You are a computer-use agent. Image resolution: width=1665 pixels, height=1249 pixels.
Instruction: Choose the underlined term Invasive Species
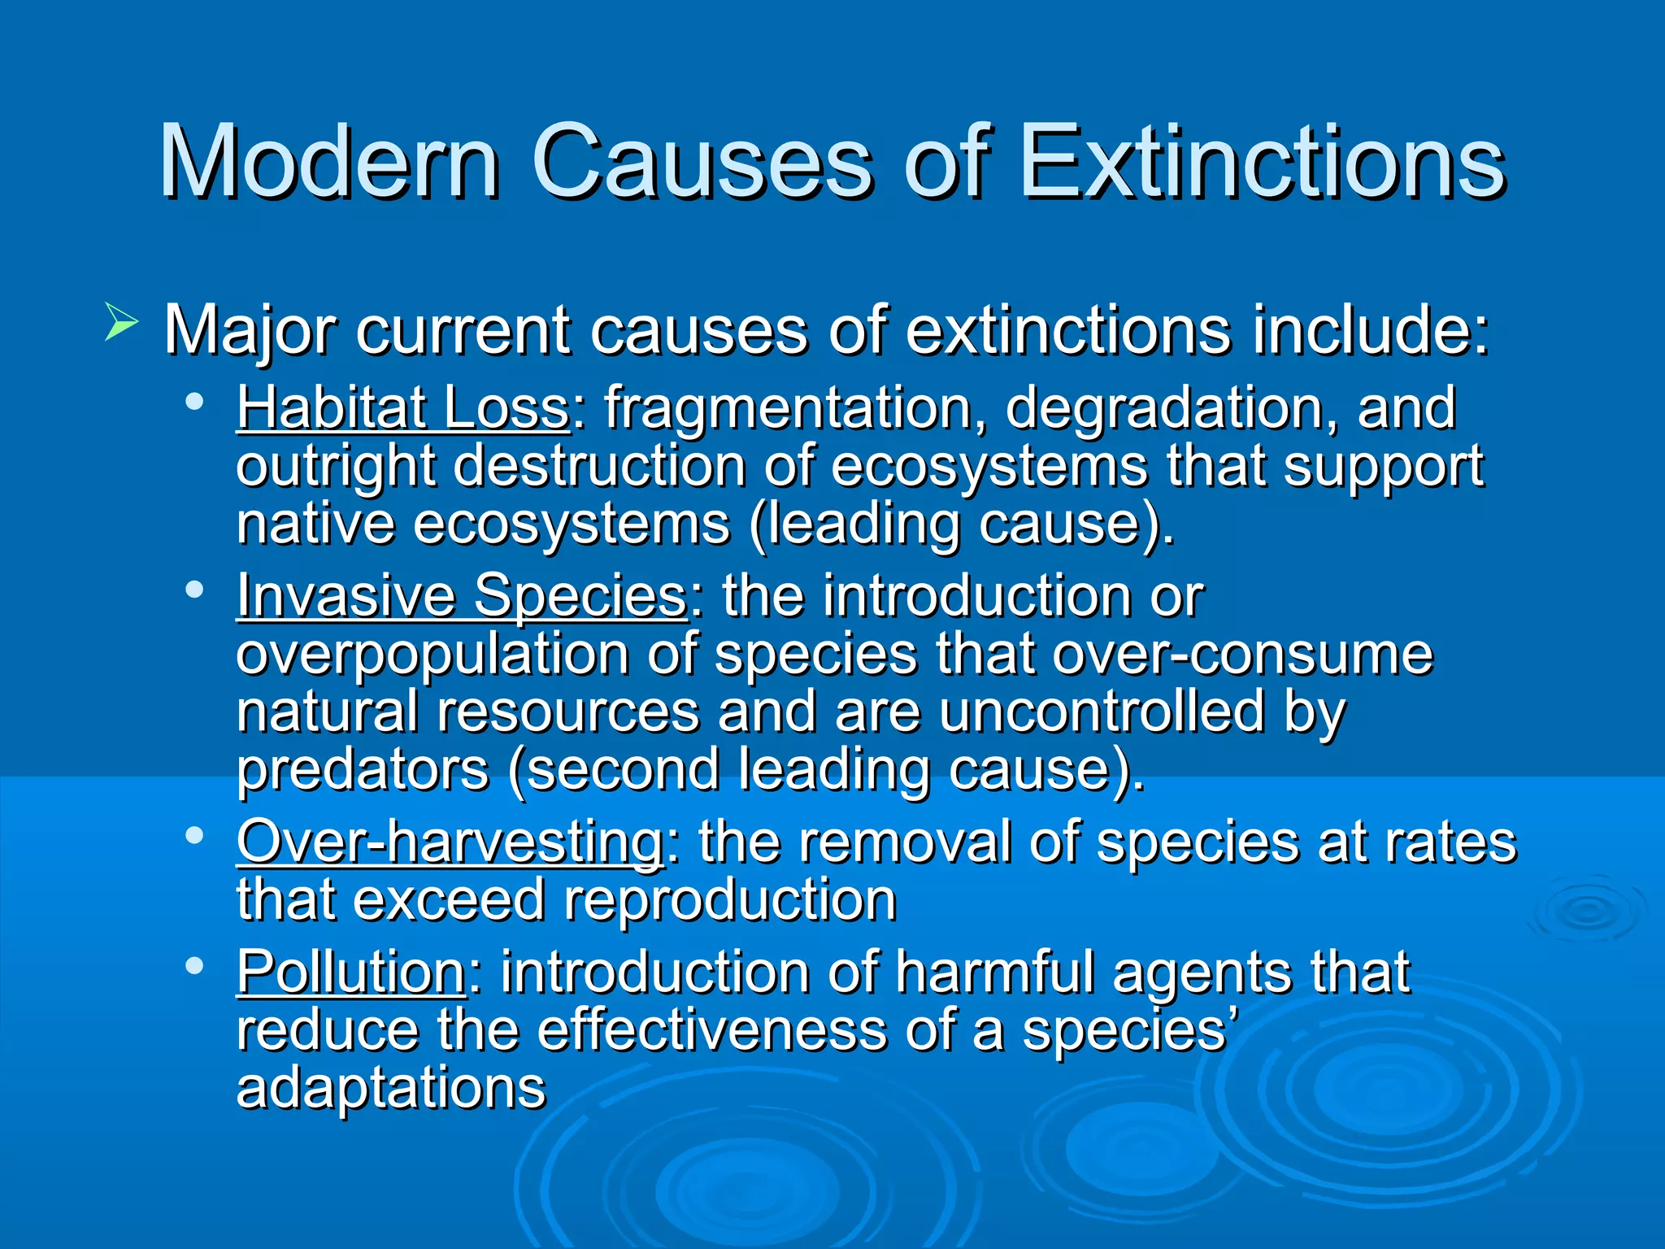point(462,595)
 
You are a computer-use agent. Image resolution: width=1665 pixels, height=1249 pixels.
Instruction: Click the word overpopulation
point(432,655)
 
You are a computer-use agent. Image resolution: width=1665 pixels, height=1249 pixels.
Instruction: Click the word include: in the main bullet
point(1370,330)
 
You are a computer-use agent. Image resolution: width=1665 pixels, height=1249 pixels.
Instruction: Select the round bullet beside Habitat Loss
point(194,402)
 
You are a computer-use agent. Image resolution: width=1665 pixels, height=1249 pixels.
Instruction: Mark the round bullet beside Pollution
point(194,966)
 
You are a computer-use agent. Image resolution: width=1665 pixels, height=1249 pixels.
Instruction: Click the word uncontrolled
point(1102,712)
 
